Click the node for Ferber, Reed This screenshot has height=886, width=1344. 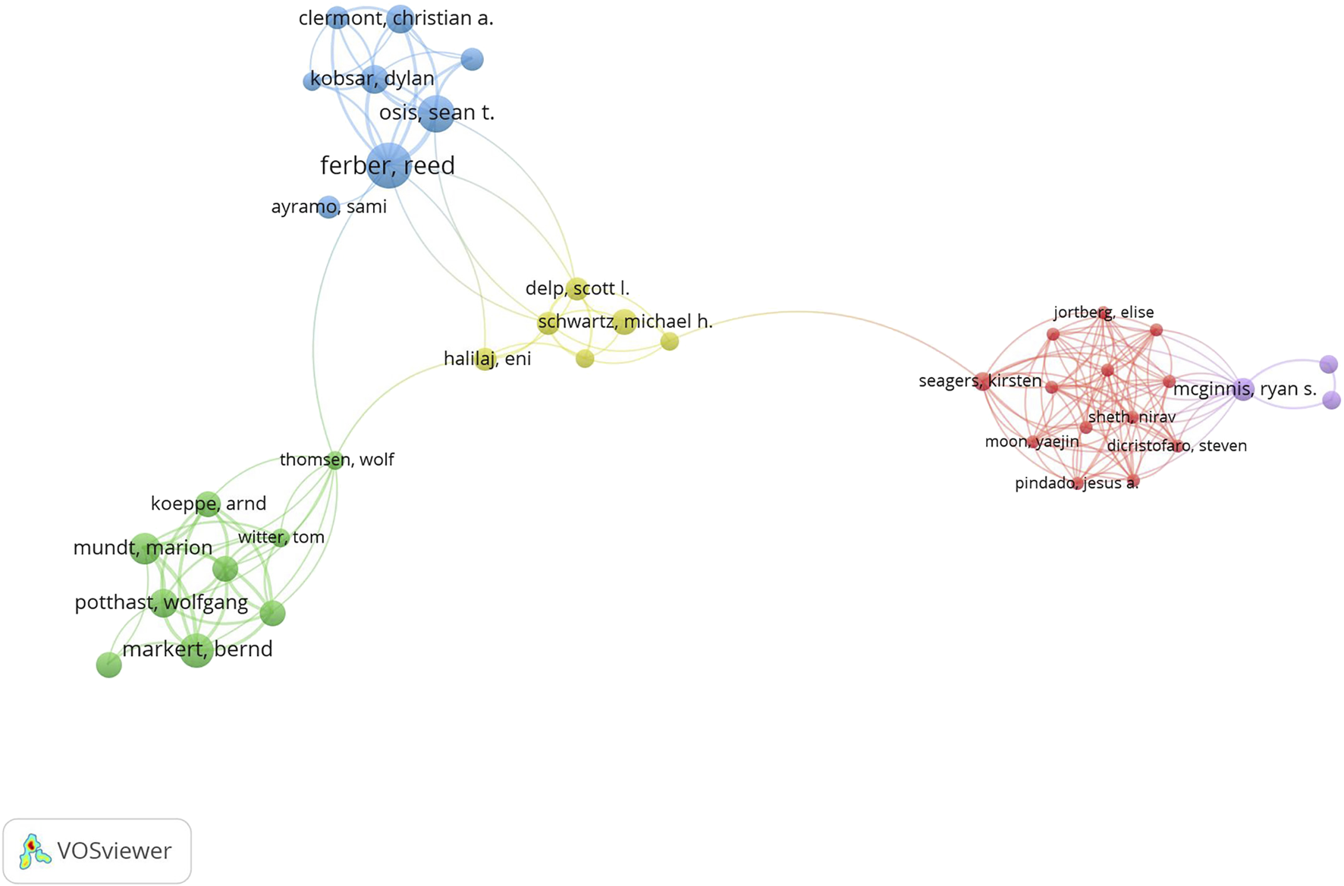tap(388, 165)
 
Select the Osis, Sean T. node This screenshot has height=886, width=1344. tap(436, 114)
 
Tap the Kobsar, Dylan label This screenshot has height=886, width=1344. tap(372, 78)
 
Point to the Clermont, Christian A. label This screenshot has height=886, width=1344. tap(396, 18)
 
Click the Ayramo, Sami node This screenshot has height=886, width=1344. tap(328, 206)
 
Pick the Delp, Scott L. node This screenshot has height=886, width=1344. tap(577, 288)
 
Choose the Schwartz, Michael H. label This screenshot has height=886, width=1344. tap(625, 322)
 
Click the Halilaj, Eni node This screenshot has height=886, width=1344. tap(485, 359)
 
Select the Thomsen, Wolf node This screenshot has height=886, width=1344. tap(335, 460)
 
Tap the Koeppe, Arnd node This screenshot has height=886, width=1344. tap(207, 504)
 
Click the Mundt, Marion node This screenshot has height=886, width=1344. tap(144, 548)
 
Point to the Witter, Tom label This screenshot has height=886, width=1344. tap(281, 537)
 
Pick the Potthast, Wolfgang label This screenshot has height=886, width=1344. tap(162, 602)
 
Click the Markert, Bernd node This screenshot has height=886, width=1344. tap(196, 650)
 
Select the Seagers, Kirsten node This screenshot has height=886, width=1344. tap(983, 381)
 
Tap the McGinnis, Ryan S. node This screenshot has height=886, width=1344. tap(1243, 390)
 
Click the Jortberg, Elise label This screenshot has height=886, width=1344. tap(1104, 312)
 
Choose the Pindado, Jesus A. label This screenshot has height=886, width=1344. tap(1076, 483)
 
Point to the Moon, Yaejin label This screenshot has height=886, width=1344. tap(1032, 441)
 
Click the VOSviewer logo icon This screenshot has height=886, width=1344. tap(34, 851)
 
